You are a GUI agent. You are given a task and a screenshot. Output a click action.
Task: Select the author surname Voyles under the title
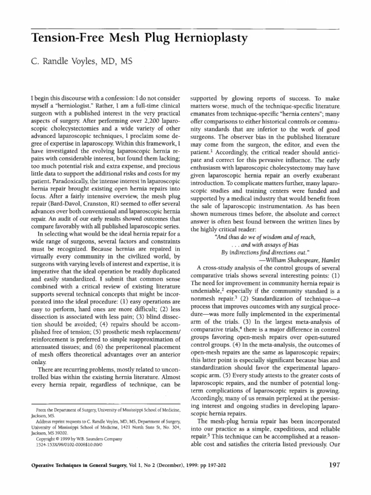[84, 62]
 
